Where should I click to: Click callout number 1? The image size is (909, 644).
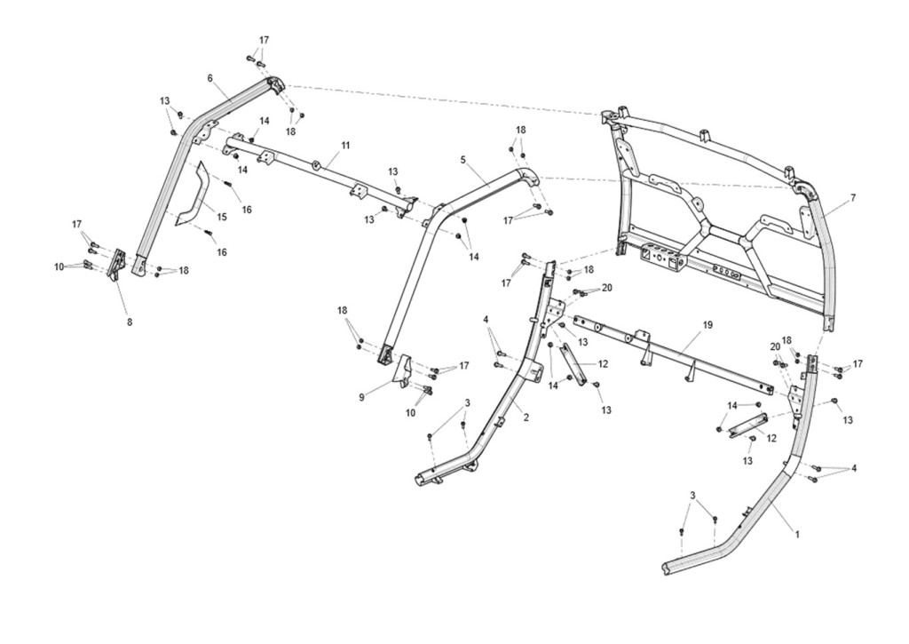tap(797, 535)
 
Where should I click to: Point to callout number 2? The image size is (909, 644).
tap(526, 417)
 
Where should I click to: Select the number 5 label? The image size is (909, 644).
tap(463, 159)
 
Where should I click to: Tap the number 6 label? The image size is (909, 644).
tap(209, 78)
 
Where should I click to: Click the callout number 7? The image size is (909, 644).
tap(853, 198)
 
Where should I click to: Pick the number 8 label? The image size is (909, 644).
tap(130, 322)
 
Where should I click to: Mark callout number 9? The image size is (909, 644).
tap(362, 397)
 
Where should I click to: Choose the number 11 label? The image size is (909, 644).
tap(345, 145)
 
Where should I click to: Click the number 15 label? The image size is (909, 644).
tap(221, 217)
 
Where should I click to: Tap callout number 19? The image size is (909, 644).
tap(707, 325)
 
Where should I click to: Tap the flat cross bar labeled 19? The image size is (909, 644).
tap(673, 354)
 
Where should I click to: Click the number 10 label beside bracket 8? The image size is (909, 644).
tap(59, 266)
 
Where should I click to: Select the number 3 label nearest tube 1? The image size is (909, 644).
tap(692, 494)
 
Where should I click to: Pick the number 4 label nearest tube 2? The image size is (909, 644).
tap(486, 319)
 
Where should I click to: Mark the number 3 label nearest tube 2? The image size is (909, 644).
tap(467, 402)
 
